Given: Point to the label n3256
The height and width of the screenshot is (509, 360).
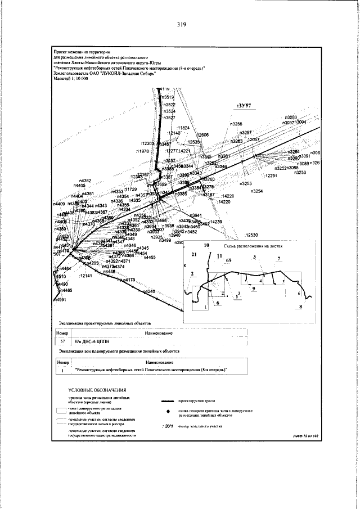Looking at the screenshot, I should coord(236,124).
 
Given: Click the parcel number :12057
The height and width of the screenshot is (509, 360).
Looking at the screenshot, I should coord(253,139).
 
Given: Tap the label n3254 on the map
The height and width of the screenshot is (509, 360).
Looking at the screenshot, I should coord(256,191).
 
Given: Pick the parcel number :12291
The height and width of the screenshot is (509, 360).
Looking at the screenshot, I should coord(272,176).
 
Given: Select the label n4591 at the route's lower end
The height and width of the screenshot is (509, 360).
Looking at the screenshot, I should coord(58,300).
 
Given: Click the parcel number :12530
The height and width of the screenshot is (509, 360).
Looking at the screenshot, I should coord(251,235).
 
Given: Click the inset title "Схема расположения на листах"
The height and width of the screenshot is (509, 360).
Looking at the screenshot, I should coord(251,246).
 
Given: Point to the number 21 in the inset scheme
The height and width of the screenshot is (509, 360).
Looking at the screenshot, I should coord(195,255).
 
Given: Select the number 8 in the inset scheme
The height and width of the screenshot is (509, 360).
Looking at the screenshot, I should coord(301,307).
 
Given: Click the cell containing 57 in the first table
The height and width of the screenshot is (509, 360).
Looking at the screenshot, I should coord(63,341).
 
